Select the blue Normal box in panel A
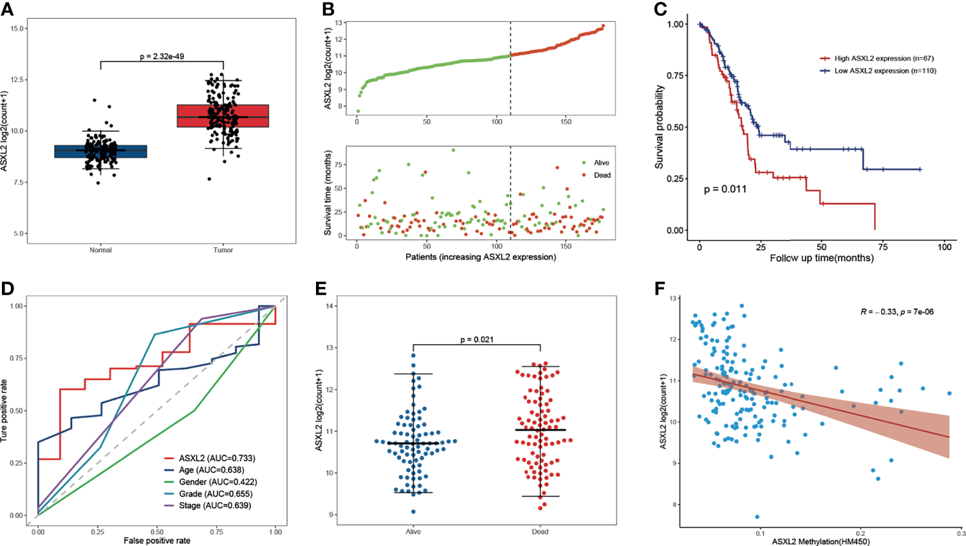click(100, 151)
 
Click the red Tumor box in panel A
click(223, 116)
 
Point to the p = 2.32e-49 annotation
click(162, 57)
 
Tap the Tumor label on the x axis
click(223, 250)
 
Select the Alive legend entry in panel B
click(601, 163)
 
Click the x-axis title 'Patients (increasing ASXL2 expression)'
click(480, 257)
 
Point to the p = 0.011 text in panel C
click(725, 189)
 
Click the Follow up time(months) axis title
click(822, 258)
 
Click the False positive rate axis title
click(157, 541)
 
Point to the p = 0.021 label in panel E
click(477, 339)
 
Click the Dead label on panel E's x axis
click(540, 532)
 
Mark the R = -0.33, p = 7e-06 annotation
click(896, 312)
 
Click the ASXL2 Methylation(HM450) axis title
click(821, 541)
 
